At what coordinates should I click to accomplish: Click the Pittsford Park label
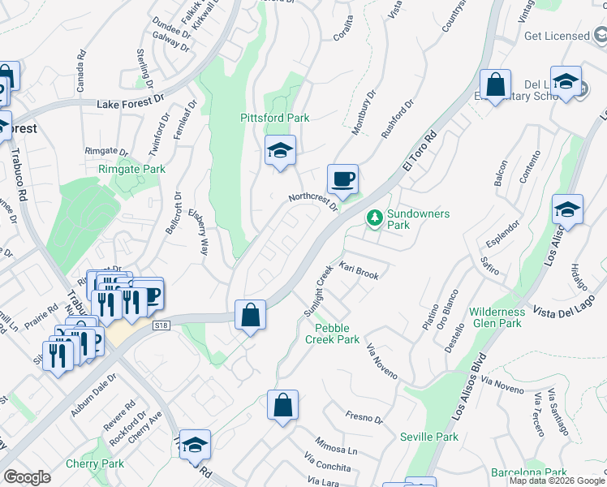pos(274,118)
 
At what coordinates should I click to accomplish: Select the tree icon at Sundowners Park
pos(374,218)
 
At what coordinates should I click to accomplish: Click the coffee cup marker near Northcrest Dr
pos(342,179)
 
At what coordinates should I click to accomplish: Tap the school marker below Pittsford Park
pos(280,151)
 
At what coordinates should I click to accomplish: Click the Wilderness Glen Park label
pos(497,317)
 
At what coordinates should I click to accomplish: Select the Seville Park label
pos(429,437)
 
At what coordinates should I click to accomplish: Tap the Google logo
pos(26,477)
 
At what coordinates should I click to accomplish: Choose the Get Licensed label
pos(557,36)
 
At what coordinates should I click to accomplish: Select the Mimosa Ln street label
pos(336,450)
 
